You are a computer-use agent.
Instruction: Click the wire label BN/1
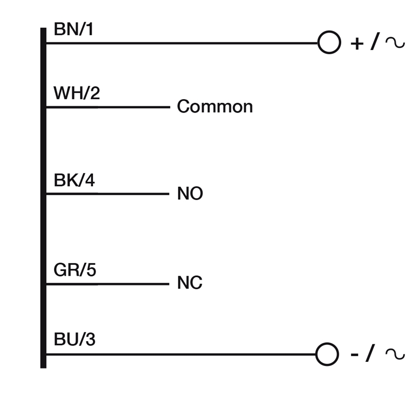click(x=74, y=30)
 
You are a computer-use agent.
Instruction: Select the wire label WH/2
click(x=76, y=94)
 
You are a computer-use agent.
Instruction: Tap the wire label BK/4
click(x=74, y=181)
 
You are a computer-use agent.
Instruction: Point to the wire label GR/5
click(x=75, y=271)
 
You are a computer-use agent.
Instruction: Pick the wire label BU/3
click(x=74, y=341)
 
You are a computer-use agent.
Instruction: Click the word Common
click(x=215, y=107)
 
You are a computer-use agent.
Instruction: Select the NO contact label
click(x=190, y=194)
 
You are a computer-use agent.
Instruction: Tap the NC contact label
click(x=189, y=283)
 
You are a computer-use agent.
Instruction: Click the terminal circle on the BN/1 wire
click(x=329, y=42)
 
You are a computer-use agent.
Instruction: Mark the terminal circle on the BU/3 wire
click(x=327, y=354)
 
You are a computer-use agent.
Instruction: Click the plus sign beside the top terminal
click(x=357, y=43)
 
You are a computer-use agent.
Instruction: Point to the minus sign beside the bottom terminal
click(x=355, y=355)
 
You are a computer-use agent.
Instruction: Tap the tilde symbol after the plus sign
click(x=395, y=42)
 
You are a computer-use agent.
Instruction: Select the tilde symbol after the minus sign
click(x=395, y=354)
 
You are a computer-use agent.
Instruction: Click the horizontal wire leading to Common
click(x=108, y=107)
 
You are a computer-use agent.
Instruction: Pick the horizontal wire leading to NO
click(x=108, y=194)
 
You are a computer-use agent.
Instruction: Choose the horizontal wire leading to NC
click(x=108, y=284)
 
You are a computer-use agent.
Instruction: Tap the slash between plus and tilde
click(x=374, y=42)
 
